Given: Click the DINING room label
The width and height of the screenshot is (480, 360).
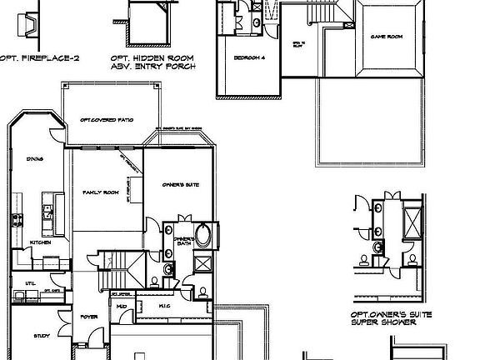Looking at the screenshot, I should coord(34,157).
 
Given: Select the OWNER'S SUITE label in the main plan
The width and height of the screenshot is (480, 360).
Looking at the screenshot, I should coord(180,185).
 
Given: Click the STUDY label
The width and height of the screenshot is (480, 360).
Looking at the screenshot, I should coord(42,336).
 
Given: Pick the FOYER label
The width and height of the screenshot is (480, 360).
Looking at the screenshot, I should coord(89,317).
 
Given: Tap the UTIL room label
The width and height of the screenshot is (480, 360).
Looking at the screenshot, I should coord(29,283).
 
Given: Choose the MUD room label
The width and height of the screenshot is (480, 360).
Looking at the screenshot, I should coord(122,307).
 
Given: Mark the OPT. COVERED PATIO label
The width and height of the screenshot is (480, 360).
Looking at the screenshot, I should coord(107,120).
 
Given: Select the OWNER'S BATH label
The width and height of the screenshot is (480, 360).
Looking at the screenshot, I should coord(184,242).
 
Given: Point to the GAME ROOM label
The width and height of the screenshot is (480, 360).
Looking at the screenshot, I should coord(387,37).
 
